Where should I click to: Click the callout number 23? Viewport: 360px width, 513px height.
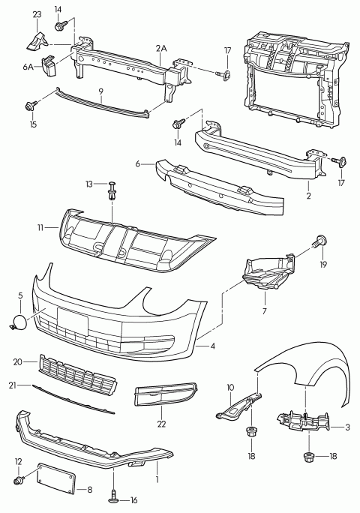37,15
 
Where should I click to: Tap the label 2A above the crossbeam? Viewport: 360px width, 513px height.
161,49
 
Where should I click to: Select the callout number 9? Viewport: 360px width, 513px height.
100,91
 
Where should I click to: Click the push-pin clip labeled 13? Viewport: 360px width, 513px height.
112,190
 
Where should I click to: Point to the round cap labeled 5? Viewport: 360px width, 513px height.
19,321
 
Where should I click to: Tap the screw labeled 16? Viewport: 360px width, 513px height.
113,498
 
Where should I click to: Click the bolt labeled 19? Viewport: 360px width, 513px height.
319,241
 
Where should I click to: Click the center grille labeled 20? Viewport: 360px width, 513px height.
78,375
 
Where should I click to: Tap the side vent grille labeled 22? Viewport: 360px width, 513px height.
166,395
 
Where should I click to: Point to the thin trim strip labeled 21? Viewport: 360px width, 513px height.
73,399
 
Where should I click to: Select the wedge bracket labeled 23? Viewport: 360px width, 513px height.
37,40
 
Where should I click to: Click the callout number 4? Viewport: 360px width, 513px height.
213,346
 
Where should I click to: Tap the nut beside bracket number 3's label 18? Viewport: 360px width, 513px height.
309,457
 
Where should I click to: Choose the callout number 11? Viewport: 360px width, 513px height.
40,228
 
